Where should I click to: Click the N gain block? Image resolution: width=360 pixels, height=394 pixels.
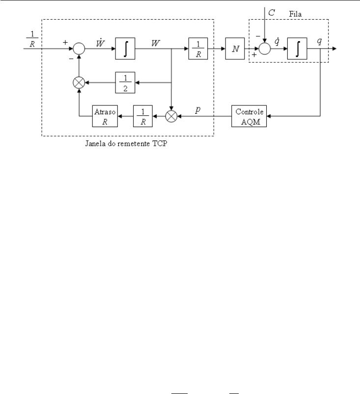click(235, 49)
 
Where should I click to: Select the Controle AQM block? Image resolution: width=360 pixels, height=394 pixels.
click(249, 116)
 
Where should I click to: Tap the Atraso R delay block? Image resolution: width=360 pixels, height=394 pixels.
click(105, 116)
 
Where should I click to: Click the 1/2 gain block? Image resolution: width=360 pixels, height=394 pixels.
click(125, 82)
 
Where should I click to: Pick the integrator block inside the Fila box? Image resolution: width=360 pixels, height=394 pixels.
click(297, 49)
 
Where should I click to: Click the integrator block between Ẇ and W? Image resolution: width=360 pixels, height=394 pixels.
click(125, 49)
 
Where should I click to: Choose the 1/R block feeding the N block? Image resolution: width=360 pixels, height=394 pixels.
click(198, 49)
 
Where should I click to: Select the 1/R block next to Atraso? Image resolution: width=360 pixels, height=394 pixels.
click(142, 116)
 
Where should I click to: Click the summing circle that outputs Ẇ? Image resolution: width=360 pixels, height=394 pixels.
click(79, 49)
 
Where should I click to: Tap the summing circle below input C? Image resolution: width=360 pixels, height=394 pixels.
click(265, 49)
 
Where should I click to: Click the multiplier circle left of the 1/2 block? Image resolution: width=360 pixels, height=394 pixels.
click(79, 82)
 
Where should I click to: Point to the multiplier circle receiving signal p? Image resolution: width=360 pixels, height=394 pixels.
click(171, 116)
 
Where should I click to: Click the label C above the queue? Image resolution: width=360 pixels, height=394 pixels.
click(272, 13)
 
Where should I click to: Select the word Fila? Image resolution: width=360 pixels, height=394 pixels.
click(295, 14)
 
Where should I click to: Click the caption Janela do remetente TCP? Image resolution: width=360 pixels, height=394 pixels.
click(126, 143)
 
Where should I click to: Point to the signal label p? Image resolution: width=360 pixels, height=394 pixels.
click(198, 109)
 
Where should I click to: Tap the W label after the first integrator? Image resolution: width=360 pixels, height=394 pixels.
click(156, 43)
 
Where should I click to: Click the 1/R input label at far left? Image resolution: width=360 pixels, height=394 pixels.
click(32, 39)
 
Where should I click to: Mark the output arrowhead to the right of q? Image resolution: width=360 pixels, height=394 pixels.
click(334, 49)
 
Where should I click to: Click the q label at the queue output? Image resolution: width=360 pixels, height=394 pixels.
click(319, 41)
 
